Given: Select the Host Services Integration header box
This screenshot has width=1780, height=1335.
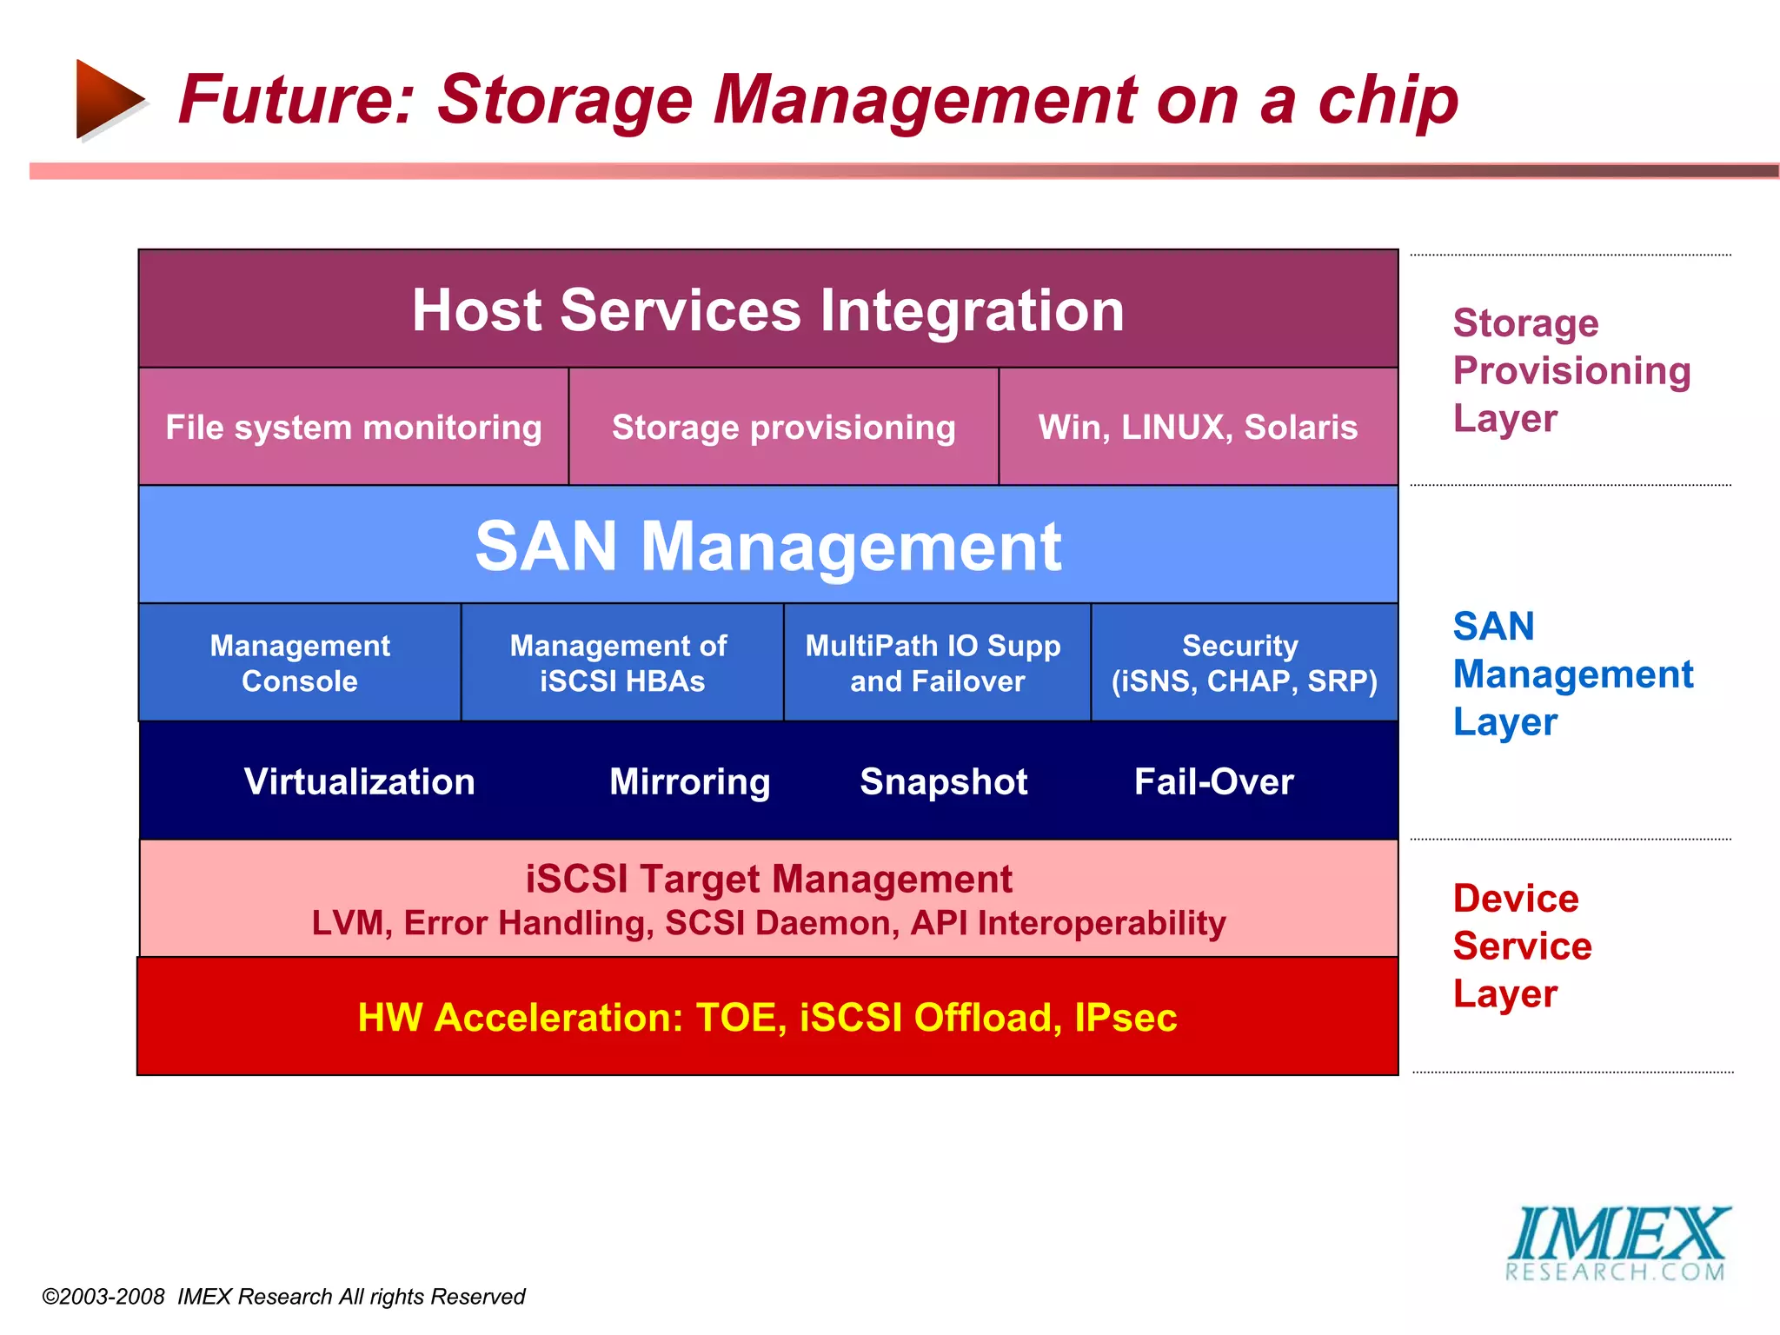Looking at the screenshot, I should [x=768, y=309].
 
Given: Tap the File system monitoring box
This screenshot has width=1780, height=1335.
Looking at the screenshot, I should [x=354, y=427].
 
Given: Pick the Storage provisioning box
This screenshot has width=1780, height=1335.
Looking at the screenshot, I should [x=783, y=427].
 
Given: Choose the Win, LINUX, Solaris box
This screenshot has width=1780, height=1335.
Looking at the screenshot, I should [x=1198, y=427].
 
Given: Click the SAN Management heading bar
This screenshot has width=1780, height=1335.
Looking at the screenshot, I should [x=768, y=546].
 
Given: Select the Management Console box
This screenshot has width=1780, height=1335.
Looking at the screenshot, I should [x=300, y=663].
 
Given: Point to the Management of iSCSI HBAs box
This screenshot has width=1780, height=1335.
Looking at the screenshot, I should [x=621, y=663].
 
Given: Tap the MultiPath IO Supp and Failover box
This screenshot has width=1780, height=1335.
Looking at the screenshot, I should [x=936, y=663].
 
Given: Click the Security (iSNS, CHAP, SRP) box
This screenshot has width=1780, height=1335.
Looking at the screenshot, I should [x=1244, y=663].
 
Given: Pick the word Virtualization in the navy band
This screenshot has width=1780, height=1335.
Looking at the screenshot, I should [x=359, y=781].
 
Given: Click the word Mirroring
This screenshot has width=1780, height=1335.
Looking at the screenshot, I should [x=689, y=781].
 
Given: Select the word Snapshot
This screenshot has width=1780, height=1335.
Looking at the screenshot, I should [x=943, y=781].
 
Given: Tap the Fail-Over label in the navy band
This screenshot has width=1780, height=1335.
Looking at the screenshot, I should [x=1213, y=781].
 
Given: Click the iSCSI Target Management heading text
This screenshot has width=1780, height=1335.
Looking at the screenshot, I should [x=768, y=879].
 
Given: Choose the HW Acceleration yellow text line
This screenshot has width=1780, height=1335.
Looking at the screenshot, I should [x=767, y=1017].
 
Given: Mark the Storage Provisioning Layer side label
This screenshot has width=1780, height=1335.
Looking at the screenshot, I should [x=1571, y=370].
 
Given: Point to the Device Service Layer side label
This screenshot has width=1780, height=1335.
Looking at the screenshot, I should [x=1522, y=946].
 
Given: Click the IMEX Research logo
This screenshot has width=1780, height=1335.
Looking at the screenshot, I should [x=1617, y=1244].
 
